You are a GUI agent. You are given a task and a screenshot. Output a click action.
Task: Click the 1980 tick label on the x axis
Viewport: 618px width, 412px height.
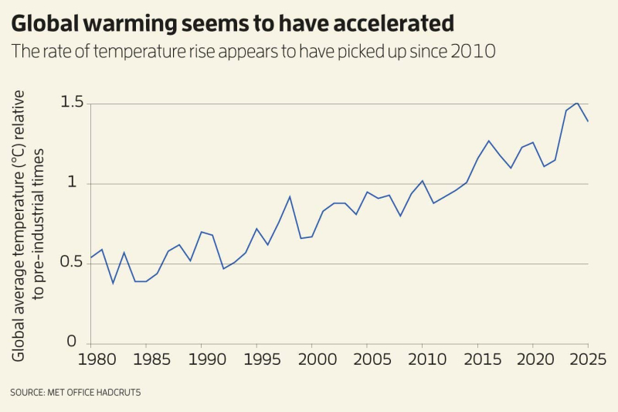[91, 360]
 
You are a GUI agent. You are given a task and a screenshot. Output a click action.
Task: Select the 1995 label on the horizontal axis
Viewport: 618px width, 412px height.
[256, 360]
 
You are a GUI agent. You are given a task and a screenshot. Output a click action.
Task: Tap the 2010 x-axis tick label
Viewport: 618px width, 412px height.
[422, 360]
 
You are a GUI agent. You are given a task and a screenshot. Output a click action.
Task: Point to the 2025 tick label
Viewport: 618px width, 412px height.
[587, 360]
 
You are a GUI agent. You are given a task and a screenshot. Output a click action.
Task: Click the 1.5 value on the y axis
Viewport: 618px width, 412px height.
[72, 104]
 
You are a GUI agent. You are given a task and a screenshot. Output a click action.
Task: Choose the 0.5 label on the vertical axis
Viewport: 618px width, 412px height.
[72, 264]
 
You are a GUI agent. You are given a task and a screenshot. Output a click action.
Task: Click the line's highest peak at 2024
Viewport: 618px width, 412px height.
[577, 102]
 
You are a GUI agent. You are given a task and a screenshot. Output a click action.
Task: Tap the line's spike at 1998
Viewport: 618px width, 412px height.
[290, 196]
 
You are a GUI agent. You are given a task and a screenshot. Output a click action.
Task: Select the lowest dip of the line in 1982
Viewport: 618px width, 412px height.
[113, 283]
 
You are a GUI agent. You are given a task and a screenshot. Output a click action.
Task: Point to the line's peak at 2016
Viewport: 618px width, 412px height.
[488, 141]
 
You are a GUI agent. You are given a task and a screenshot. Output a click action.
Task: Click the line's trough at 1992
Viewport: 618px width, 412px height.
[223, 268]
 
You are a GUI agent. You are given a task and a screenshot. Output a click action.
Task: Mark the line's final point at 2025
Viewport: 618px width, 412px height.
[588, 121]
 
